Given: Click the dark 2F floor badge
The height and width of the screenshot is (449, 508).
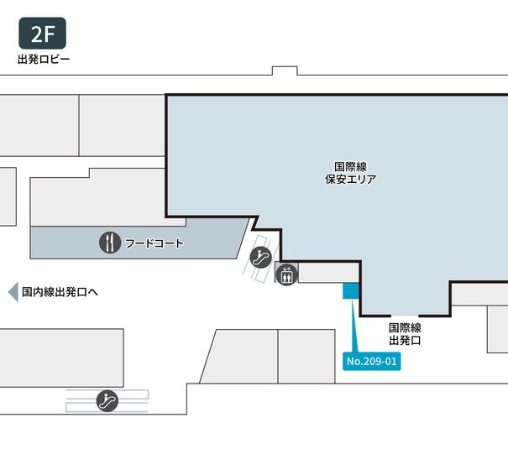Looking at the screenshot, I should point(42,34).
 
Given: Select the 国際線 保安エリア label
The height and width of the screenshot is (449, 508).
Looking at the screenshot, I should point(349,173).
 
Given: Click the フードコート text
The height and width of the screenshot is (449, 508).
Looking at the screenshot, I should point(154,244).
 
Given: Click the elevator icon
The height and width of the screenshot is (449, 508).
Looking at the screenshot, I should point(286,274).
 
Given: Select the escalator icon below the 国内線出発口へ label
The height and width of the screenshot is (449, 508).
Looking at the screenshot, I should point(107,400).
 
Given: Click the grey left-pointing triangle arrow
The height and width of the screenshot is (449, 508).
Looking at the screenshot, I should point(13,292).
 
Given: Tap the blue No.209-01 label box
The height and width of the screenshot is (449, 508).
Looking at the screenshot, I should point(370,362).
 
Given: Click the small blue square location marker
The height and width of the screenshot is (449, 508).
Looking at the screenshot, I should point(350,290).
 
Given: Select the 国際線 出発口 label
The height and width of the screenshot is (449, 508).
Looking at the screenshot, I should point(405,335).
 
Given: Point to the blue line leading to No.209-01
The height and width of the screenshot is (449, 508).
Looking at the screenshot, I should point(354,327).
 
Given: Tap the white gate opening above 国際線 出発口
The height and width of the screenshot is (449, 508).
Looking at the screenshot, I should point(405,316).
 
